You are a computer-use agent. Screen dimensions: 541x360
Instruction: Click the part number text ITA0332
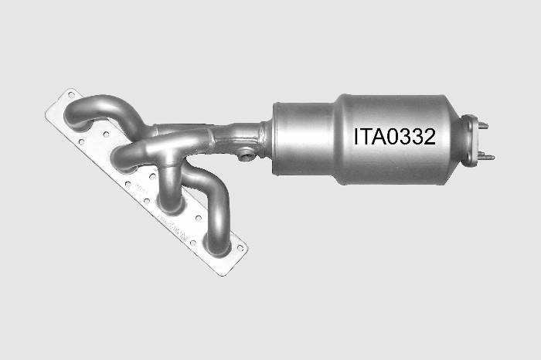394,137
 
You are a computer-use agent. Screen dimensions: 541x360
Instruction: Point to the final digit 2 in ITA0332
429,137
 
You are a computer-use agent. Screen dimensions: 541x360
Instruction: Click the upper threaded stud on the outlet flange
483,125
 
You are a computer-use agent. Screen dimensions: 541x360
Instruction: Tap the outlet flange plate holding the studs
470,141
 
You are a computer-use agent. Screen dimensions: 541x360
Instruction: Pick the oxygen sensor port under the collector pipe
247,156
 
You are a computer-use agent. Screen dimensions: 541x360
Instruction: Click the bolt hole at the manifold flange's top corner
71,94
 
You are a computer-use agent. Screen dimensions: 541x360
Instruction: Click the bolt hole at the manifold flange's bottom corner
240,247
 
